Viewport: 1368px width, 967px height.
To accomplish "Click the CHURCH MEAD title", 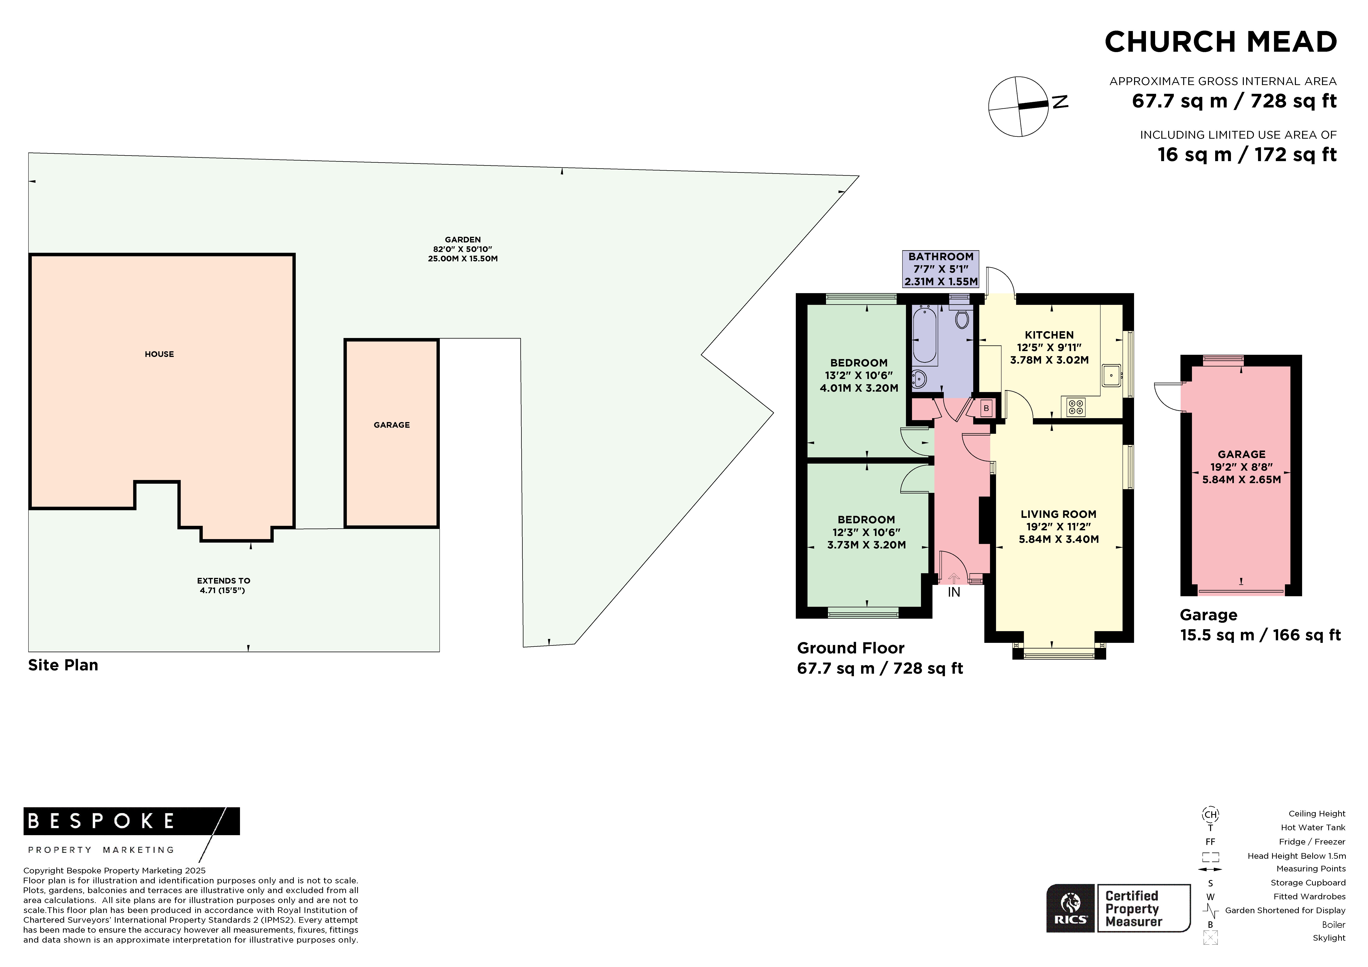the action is [x=1221, y=42].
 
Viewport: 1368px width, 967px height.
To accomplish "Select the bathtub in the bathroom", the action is [x=924, y=334].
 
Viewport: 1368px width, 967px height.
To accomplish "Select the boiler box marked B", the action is [x=986, y=408].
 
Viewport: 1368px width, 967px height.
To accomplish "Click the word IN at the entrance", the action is [x=954, y=593].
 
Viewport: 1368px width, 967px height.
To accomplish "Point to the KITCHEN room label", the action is [x=1049, y=335].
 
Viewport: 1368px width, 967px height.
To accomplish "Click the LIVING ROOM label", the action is [x=1058, y=514].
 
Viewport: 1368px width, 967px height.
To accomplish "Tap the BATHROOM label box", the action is [x=941, y=269].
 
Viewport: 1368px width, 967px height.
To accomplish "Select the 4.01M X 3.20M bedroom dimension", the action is [x=859, y=388].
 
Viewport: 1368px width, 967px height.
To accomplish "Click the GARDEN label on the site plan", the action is [x=462, y=240].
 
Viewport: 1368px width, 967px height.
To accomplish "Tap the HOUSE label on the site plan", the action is [x=159, y=354].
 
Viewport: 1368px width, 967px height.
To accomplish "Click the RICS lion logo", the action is [x=1071, y=907].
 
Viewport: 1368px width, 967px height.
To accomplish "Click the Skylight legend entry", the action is [x=1329, y=938].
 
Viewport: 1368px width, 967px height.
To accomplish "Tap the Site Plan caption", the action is [x=63, y=665].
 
